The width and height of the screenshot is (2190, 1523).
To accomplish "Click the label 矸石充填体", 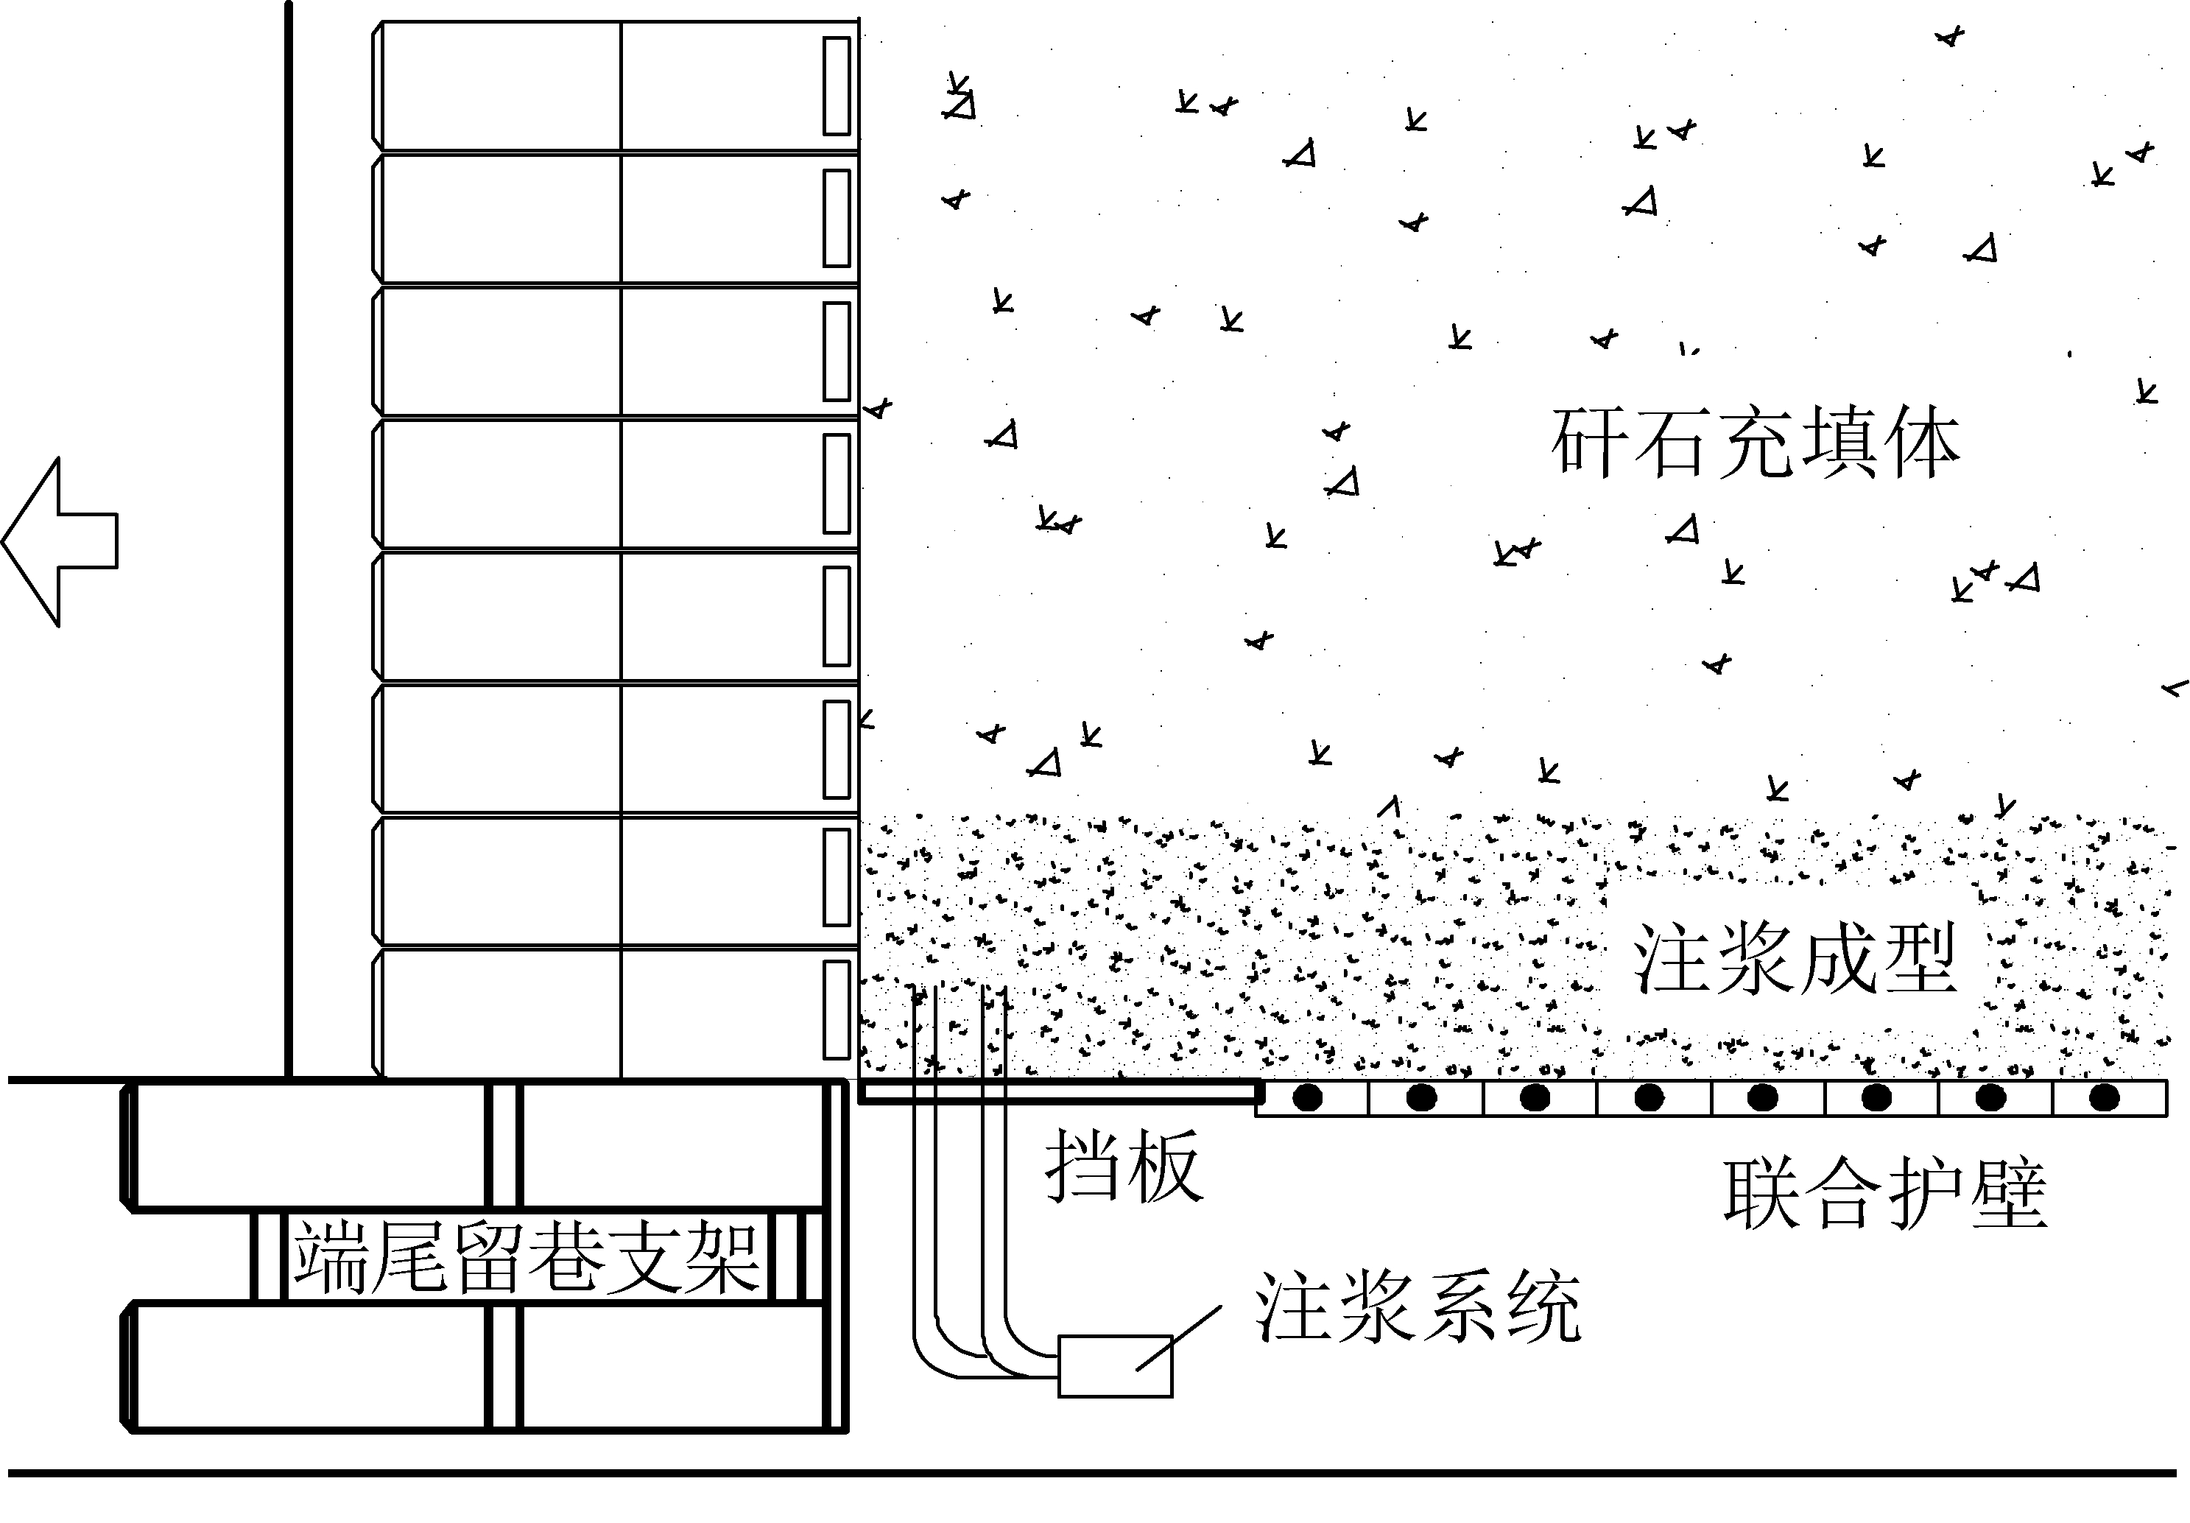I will pyautogui.click(x=1755, y=443).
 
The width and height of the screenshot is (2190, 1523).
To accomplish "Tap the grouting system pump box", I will pyautogui.click(x=1115, y=1365).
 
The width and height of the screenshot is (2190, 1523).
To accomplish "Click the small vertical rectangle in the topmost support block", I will pyautogui.click(x=837, y=86).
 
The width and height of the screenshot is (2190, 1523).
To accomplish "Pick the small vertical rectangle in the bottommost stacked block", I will pyautogui.click(x=837, y=1010).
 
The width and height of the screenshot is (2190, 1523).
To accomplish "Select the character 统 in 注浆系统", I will pyautogui.click(x=1541, y=1307).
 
